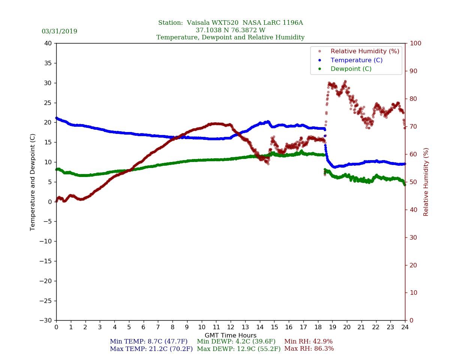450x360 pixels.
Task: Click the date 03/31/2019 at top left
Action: pyautogui.click(x=59, y=31)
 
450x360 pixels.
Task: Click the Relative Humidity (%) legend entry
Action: pyautogui.click(x=364, y=51)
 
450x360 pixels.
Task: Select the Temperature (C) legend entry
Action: pyautogui.click(x=356, y=60)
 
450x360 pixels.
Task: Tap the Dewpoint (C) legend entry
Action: pyautogui.click(x=351, y=69)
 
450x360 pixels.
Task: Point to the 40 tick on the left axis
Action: pyautogui.click(x=48, y=43)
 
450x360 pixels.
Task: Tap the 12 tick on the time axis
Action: pyautogui.click(x=231, y=327)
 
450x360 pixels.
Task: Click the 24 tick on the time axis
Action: pyautogui.click(x=405, y=327)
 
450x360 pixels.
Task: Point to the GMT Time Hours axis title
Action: pyautogui.click(x=231, y=336)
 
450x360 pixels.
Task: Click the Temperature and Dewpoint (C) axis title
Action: pyautogui.click(x=33, y=182)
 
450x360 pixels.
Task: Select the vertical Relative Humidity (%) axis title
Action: pyautogui.click(x=426, y=182)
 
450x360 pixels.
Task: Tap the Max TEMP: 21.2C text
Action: pyautogui.click(x=151, y=349)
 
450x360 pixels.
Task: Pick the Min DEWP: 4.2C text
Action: pyautogui.click(x=236, y=342)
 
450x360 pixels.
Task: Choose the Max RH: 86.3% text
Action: pyautogui.click(x=309, y=349)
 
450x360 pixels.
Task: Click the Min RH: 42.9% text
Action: pyautogui.click(x=308, y=342)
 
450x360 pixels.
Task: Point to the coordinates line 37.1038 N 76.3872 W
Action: pyautogui.click(x=230, y=30)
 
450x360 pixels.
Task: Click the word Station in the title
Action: pyautogui.click(x=170, y=23)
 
